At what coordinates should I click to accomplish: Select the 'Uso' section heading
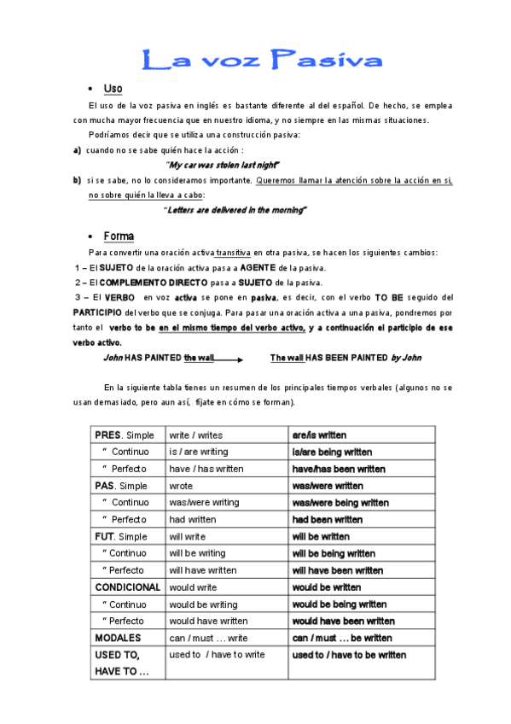tap(113, 89)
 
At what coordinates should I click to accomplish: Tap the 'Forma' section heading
tap(119, 236)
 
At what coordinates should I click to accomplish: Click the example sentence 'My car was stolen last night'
tap(224, 164)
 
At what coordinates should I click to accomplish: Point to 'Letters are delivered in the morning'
tap(235, 209)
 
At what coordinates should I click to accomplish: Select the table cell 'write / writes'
tap(196, 435)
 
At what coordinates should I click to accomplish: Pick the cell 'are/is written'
tap(319, 435)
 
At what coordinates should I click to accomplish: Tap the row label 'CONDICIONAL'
tap(127, 587)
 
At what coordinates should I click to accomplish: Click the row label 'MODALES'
tap(119, 638)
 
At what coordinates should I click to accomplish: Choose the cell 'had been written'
tap(327, 520)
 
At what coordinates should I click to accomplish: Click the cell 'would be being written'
tap(339, 604)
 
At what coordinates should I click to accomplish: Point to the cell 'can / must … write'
tap(209, 638)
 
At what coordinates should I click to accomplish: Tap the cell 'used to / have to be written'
tap(349, 655)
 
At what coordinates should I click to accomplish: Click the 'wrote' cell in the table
tap(181, 486)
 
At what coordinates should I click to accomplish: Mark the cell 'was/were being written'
tap(340, 503)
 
